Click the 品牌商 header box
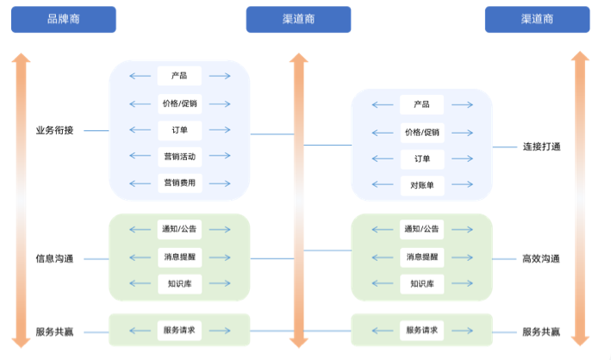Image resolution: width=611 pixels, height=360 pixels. [x=63, y=19]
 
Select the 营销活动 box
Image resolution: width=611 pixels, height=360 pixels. [x=179, y=156]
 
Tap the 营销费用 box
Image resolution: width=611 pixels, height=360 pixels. [x=179, y=183]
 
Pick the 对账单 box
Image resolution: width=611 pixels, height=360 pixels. [x=421, y=184]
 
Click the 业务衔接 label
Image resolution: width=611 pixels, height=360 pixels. [x=54, y=130]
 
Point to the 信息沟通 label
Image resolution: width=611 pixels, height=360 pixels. [x=54, y=258]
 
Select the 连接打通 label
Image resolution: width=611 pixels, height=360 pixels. [x=541, y=146]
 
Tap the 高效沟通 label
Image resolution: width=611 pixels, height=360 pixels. [x=541, y=258]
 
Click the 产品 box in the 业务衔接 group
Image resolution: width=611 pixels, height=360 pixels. [x=179, y=76]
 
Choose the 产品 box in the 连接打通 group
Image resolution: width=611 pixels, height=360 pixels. [x=421, y=104]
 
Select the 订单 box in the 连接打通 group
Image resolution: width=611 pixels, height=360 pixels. [x=421, y=159]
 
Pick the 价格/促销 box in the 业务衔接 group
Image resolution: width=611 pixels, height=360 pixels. [x=179, y=103]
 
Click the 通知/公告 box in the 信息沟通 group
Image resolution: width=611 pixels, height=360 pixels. [x=179, y=229]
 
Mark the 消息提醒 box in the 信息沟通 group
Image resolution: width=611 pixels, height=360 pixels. [x=179, y=257]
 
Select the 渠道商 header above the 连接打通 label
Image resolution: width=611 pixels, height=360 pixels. [x=538, y=19]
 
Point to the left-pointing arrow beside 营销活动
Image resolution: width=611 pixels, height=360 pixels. [x=139, y=156]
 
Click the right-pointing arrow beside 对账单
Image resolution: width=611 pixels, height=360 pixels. [x=462, y=184]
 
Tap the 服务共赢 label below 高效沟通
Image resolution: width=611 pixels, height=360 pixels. [x=541, y=331]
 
